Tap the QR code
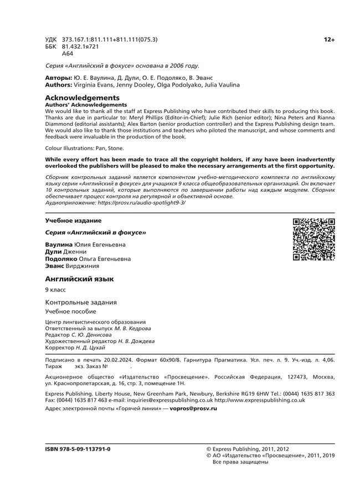point(314,239)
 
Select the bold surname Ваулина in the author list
point(58,244)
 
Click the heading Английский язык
point(79,279)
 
